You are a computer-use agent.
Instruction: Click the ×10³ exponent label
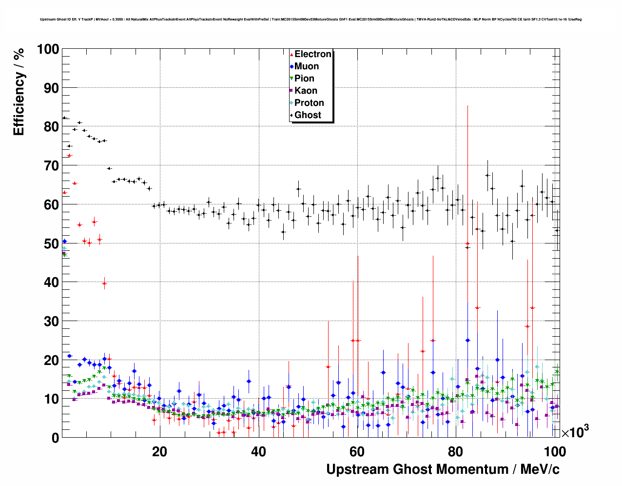[575, 432]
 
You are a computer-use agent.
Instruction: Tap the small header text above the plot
[311, 20]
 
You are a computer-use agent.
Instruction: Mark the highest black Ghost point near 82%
[64, 118]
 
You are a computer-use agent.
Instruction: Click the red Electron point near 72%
[69, 156]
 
